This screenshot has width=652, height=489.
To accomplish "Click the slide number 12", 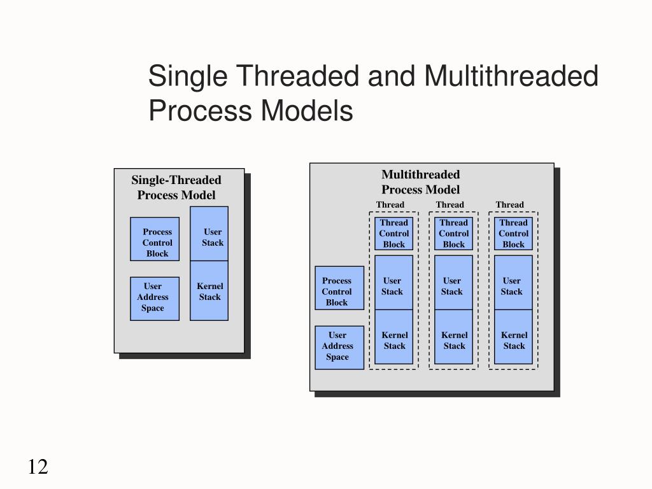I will point(38,467).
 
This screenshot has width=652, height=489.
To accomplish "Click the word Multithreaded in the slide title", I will point(511,77).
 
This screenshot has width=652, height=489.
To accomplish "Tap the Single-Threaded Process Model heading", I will point(176,188).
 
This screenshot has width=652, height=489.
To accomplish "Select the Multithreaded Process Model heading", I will point(420,182).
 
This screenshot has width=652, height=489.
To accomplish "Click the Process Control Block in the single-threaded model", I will point(155,239).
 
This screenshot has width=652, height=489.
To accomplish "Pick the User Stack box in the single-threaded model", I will point(209,234).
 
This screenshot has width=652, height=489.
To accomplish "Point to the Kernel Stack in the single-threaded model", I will point(209,291).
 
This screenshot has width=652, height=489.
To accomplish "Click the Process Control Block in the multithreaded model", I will point(339,288).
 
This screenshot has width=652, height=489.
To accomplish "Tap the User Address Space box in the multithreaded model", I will point(339,346).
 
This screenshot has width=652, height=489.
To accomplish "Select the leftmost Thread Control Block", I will point(394,234).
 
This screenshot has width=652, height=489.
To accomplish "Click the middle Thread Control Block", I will point(453,234).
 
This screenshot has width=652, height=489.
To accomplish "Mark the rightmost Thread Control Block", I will point(513,234).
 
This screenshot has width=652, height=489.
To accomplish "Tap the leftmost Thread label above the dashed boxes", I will point(390,204).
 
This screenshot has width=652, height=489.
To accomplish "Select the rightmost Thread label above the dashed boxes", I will point(509,204).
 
